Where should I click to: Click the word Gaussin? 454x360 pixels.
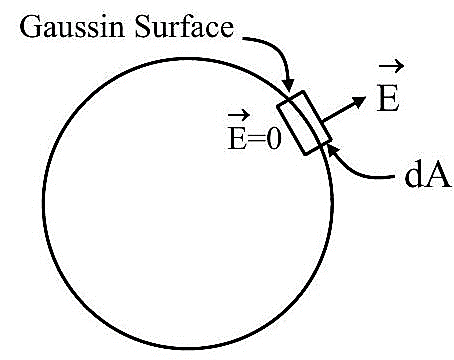[72, 28]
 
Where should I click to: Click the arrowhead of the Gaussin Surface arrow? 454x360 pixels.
[289, 85]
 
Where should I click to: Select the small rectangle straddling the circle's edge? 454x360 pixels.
[304, 123]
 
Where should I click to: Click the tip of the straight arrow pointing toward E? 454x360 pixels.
[366, 97]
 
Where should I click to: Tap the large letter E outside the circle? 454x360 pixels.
[388, 99]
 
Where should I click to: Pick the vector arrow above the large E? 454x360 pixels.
[391, 67]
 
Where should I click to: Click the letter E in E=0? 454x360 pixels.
[237, 138]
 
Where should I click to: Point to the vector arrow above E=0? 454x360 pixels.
[239, 116]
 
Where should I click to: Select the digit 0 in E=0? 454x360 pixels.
[275, 138]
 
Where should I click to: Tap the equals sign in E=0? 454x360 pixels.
[256, 139]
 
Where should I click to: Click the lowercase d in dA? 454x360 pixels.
[413, 175]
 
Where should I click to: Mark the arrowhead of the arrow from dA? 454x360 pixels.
[333, 150]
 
